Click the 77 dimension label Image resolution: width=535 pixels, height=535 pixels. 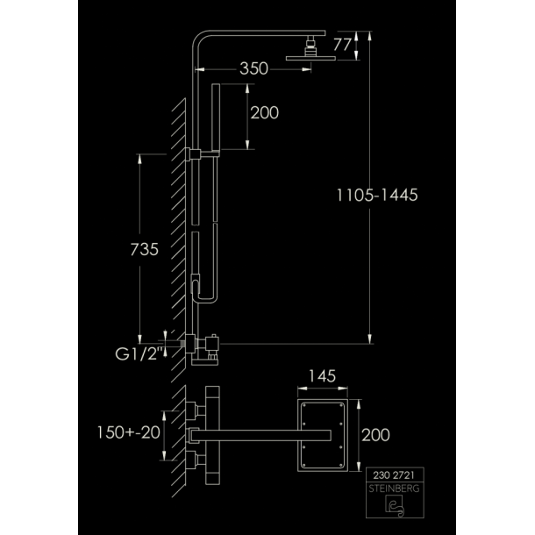pos(342,45)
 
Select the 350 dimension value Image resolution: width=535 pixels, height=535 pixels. pos(253,68)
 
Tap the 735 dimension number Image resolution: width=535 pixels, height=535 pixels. pos(145,249)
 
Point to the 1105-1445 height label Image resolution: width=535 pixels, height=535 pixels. pos(377,196)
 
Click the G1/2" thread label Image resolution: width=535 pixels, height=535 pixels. pos(139,354)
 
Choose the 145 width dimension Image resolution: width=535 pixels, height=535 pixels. pos(322,376)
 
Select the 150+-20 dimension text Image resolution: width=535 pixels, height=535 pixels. pos(129,432)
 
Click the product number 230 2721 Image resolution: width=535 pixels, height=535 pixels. pos(394,475)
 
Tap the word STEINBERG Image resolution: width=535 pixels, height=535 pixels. pos(394,489)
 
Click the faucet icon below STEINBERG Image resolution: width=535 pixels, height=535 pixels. pos(395,505)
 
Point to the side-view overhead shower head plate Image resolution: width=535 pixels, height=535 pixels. pos(310,59)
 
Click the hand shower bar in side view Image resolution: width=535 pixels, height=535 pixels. pos(216,117)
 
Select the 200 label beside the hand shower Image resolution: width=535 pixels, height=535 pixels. pos(264,113)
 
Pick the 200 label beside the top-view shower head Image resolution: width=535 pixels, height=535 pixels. pos(375,435)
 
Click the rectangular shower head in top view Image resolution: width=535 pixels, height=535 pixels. pos(323,435)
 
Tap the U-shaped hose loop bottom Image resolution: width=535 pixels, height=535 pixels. pos(205,300)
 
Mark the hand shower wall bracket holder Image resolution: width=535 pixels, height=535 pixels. pos(196,154)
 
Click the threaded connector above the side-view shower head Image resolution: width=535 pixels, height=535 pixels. pos(310,46)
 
